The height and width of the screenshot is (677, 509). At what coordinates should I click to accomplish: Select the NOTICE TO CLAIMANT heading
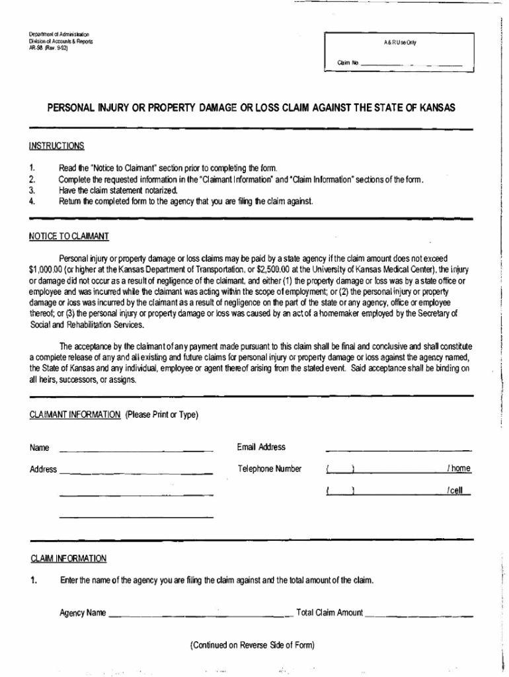pyautogui.click(x=69, y=236)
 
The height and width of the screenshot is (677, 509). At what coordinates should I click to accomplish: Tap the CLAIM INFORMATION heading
pyautogui.click(x=69, y=559)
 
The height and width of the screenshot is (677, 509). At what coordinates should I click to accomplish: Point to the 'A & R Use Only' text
pyautogui.click(x=400, y=42)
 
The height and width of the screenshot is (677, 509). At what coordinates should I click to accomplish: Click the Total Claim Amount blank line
pyautogui.click(x=419, y=614)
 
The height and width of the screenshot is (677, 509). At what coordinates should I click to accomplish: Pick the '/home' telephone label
pyautogui.click(x=458, y=469)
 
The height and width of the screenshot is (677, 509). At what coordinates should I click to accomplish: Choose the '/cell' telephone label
pyautogui.click(x=455, y=491)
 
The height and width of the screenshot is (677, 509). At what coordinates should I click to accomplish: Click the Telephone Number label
pyautogui.click(x=270, y=469)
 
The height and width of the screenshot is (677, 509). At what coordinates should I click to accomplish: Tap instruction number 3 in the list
pyautogui.click(x=32, y=190)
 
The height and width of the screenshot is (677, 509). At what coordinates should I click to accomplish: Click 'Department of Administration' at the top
pyautogui.click(x=59, y=34)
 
